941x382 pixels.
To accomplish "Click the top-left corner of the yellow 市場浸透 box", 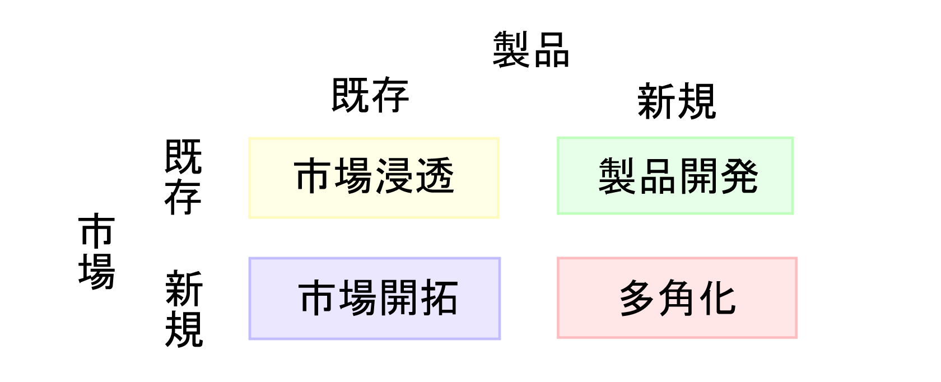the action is (x=249, y=138).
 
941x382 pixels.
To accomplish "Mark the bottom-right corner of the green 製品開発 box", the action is (x=793, y=213).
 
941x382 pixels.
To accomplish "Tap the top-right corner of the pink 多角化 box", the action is (x=796, y=258).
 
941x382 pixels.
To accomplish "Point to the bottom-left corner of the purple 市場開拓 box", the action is (x=250, y=338).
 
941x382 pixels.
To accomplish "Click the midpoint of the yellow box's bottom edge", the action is (x=374, y=217).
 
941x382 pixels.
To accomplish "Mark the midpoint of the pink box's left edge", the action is (x=558, y=297).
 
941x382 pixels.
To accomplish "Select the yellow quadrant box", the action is (x=374, y=178).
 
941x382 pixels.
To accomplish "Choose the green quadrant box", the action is (x=675, y=176).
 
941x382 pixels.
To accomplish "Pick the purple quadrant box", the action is (x=375, y=299).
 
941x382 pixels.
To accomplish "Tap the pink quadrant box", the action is (x=677, y=297).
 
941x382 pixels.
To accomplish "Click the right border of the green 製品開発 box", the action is (x=792, y=176).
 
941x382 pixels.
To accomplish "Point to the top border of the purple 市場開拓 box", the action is (x=375, y=258).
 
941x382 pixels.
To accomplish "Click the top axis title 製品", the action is (x=531, y=50).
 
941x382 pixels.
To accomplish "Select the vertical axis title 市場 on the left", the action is (x=96, y=251).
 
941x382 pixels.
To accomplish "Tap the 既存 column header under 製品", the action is (x=370, y=95).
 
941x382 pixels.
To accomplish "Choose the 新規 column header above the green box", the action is (x=677, y=101).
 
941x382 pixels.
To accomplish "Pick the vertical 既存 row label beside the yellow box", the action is (x=183, y=177).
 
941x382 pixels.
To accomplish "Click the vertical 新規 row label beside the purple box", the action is (x=184, y=309).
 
